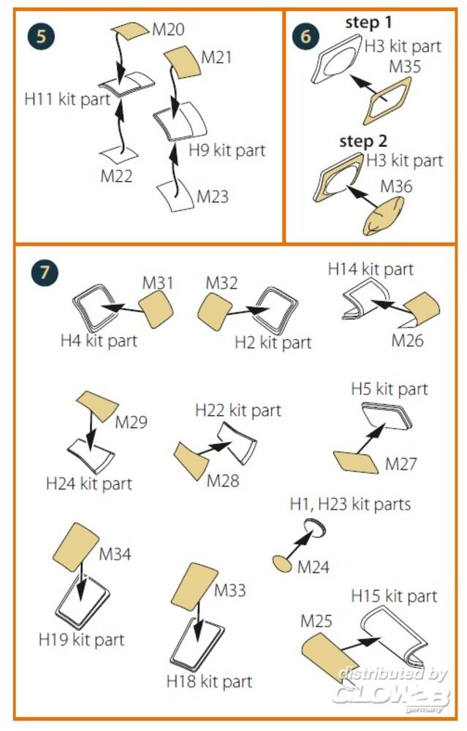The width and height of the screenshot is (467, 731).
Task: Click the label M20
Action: coord(167,30)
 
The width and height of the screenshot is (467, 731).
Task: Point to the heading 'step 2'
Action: coord(363,141)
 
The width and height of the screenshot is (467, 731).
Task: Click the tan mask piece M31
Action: coord(158,310)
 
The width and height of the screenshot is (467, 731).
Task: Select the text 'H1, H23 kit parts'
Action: coord(350,504)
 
